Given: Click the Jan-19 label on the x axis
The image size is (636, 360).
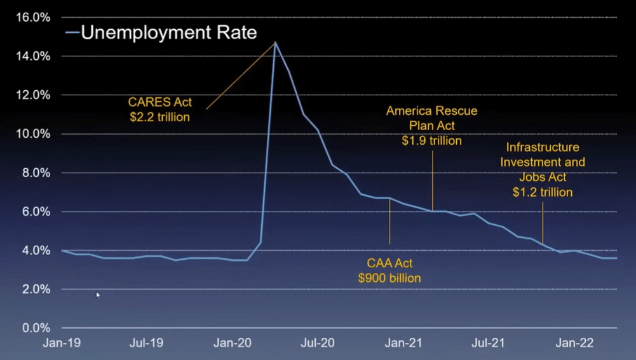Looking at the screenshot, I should pos(61,343).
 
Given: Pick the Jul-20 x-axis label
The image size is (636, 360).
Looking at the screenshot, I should pos(318,343).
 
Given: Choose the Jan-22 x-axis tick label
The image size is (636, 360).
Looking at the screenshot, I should pos(574,343).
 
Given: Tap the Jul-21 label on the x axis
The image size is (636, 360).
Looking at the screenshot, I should pos(489,343).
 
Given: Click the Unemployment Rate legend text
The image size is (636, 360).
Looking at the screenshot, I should pos(168,32).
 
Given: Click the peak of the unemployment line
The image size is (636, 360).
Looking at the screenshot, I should pos(275,43).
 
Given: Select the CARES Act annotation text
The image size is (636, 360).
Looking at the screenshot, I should pos(159,102).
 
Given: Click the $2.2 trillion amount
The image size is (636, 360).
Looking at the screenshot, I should pos(159,117).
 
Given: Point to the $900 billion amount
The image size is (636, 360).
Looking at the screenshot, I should pos(389,277).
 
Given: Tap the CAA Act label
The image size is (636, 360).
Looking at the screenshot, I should pos(389,263).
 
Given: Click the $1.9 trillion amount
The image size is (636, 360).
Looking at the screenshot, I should pos(431,141).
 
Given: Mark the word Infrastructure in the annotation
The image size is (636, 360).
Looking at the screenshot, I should pos(542,148).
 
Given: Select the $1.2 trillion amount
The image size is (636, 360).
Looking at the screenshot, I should pos(542,192).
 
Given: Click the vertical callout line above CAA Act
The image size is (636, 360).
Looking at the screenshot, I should pos(389,222).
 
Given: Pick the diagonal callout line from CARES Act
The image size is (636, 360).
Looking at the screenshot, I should pos(240,76).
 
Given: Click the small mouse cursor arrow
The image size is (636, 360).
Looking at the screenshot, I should pos(98,294).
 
